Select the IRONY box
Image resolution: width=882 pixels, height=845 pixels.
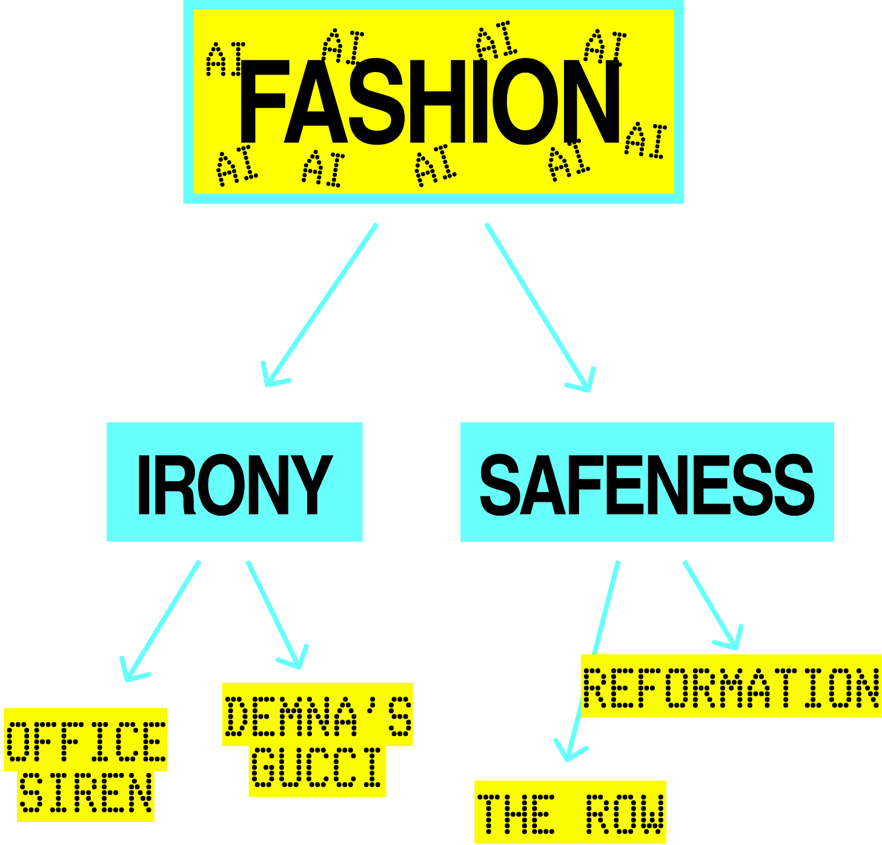pyautogui.click(x=234, y=482)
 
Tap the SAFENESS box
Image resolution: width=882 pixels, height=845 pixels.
pyautogui.click(x=647, y=482)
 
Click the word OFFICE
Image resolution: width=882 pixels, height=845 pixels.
pyautogui.click(x=85, y=741)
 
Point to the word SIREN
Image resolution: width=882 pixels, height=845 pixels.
pyautogui.click(x=85, y=793)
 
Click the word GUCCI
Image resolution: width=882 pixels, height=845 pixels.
pyautogui.click(x=317, y=767)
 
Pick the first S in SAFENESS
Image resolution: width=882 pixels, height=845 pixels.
pyautogui.click(x=503, y=484)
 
